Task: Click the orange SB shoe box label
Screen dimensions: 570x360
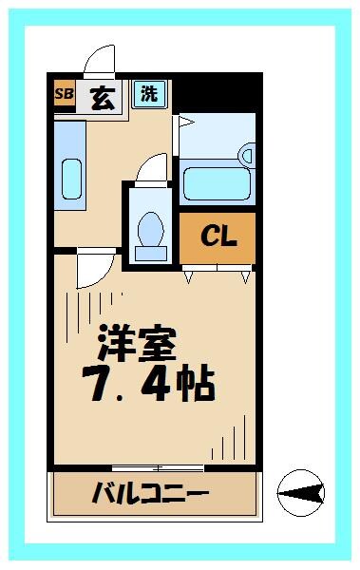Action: tap(64, 94)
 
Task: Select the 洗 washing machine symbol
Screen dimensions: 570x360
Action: tap(149, 93)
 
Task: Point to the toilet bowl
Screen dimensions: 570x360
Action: tap(150, 229)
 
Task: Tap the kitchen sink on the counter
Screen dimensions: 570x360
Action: tap(70, 177)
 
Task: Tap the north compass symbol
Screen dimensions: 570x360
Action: tap(301, 492)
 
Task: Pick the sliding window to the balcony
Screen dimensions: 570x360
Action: tap(157, 467)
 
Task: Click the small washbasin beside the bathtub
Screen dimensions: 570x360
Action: tap(247, 153)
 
